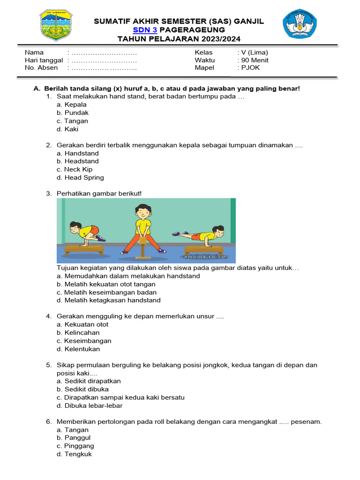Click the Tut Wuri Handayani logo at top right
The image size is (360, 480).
pos(300,25)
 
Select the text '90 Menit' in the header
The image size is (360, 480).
pos(255,60)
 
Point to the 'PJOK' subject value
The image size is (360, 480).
pos(250,67)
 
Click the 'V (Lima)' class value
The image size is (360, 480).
pos(255,52)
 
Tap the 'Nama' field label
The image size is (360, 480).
pos(34,52)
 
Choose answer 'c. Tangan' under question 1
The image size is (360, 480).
pos(72,121)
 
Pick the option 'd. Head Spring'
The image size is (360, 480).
pos(80,178)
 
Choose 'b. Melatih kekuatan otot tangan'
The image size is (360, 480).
pos(106,284)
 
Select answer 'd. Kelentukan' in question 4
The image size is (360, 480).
pos(78,349)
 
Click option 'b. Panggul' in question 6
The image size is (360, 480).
pos(74,438)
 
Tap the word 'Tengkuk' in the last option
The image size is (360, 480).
pos(78,454)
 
